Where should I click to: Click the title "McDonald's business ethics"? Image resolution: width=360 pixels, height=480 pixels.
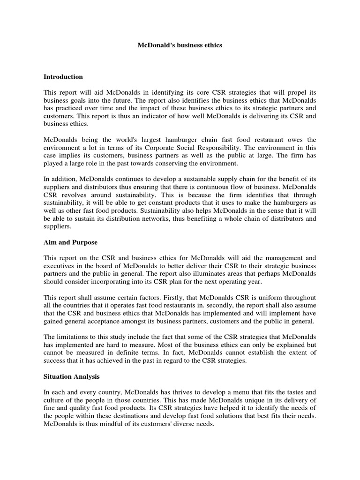tap(180, 45)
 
